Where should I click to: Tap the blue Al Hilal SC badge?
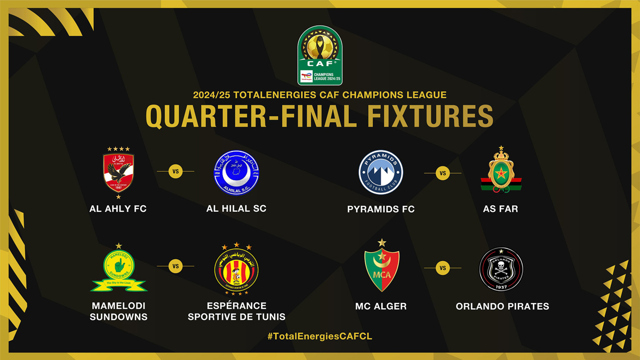point(236,172)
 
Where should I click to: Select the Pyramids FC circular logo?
point(381,172)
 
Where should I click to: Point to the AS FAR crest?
point(501,171)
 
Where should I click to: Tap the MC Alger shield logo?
point(381,270)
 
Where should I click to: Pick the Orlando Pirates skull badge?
point(501,270)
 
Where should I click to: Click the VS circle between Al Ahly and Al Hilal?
point(175,172)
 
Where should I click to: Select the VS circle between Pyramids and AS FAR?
point(443,173)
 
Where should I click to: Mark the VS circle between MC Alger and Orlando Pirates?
point(443,268)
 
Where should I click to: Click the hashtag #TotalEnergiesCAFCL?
point(319,337)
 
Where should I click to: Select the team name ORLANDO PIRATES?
point(502,306)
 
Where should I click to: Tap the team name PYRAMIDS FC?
point(381,209)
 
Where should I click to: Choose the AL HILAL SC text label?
point(236,209)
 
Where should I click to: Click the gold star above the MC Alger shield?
point(381,243)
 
